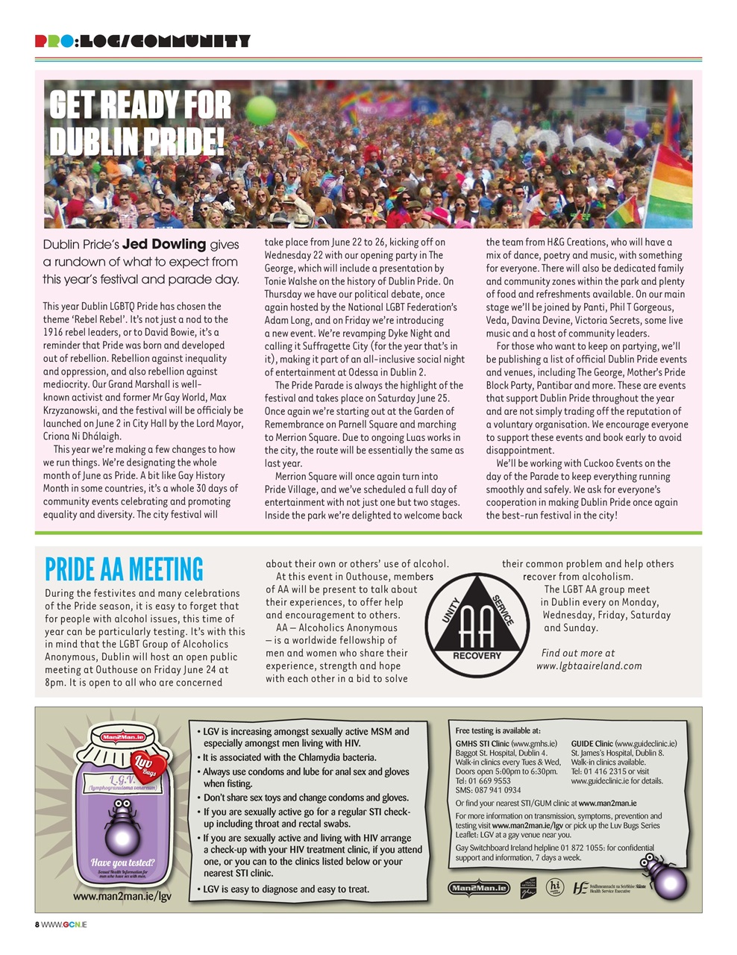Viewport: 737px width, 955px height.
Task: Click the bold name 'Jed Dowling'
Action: coord(164,244)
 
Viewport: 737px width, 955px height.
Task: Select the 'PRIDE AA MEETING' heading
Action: coord(124,569)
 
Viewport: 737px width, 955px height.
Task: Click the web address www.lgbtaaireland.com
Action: coord(589,666)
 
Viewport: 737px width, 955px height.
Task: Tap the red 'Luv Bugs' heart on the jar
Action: coord(145,763)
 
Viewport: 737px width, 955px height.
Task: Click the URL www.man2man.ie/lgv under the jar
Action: coord(122,895)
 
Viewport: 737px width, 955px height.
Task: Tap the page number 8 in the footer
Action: coord(37,924)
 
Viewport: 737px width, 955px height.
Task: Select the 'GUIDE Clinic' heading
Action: coord(592,744)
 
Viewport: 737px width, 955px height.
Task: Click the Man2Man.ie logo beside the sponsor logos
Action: coord(478,888)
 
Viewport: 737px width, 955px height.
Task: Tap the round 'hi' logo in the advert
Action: coord(554,886)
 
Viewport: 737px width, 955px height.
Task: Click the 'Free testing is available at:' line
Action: coord(498,730)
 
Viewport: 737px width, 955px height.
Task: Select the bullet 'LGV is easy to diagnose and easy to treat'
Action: coord(286,889)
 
